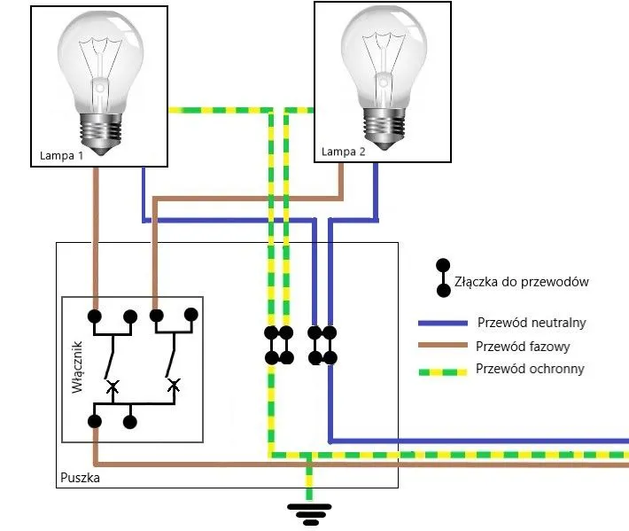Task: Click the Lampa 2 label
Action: [343, 152]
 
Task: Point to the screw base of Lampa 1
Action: [100, 130]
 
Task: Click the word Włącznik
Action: [76, 367]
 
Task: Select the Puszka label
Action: [80, 478]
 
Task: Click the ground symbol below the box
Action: [309, 511]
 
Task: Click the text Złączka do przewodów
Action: [521, 282]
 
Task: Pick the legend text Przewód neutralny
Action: [531, 322]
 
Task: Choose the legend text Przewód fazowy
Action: [523, 347]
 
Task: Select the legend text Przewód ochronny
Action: [530, 369]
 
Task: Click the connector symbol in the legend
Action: [441, 277]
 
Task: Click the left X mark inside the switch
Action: [112, 387]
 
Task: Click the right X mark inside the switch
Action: [174, 384]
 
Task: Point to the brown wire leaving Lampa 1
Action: [95, 230]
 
